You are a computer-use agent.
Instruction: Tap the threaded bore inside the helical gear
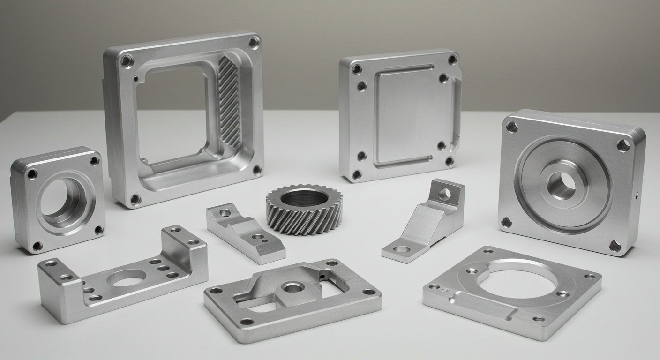[304, 197]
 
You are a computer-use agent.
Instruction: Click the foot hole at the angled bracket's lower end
[402, 249]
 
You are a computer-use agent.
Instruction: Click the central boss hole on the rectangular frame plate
[292, 287]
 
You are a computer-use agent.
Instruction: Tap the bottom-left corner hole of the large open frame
[135, 199]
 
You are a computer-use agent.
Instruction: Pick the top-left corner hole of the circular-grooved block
[512, 127]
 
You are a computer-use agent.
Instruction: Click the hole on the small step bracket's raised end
[225, 213]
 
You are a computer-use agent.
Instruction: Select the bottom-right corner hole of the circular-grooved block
[615, 246]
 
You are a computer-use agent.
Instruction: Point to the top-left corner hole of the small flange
[32, 174]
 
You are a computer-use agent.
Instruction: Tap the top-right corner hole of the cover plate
[452, 59]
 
